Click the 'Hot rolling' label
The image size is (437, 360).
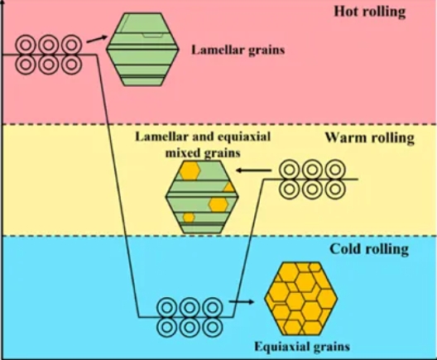click(370, 12)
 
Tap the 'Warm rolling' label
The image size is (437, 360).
click(370, 137)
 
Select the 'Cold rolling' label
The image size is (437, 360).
click(369, 249)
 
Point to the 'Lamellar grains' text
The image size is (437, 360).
click(238, 50)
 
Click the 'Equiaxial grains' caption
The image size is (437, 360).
click(302, 347)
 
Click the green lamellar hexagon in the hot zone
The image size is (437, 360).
click(142, 50)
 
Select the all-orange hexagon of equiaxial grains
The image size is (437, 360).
click(301, 299)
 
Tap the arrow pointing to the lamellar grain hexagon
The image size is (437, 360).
click(97, 39)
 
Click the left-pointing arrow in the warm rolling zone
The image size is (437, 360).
click(254, 170)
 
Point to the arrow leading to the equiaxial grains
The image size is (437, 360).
click(242, 302)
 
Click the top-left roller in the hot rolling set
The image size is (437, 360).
click(26, 45)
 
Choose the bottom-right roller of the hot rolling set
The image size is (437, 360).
click(72, 65)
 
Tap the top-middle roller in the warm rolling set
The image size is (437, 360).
click(312, 170)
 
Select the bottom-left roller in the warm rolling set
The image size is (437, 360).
click(290, 189)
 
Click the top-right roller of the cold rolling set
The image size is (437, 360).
click(213, 308)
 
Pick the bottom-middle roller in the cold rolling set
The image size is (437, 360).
click(190, 327)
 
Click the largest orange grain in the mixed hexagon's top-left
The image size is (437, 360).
click(190, 170)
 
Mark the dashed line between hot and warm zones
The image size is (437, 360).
click(219, 124)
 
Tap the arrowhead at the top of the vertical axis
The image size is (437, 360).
click(2, 2)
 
